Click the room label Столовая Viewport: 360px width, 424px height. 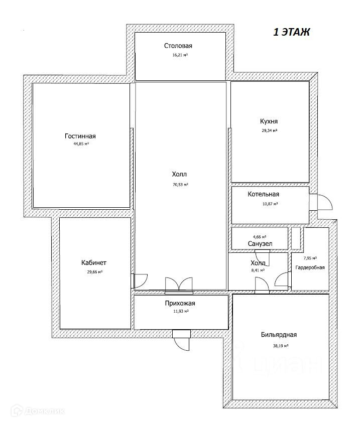[x=178, y=46]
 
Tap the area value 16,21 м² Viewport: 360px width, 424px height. [x=179, y=55]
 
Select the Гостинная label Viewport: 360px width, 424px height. [x=80, y=136]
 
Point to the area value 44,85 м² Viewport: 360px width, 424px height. [x=81, y=144]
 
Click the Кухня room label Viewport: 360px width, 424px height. [x=269, y=121]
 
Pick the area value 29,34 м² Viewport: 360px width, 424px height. [x=269, y=130]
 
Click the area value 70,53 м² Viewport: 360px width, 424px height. [x=180, y=185]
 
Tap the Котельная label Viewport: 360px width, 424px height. [x=263, y=195]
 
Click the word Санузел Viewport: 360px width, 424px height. [x=260, y=244]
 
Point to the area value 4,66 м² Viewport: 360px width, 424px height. [x=259, y=236]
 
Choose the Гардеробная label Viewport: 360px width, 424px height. [x=310, y=267]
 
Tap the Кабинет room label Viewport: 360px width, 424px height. [x=94, y=262]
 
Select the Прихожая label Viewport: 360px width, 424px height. [x=180, y=303]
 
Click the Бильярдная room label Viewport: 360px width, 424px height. [x=279, y=336]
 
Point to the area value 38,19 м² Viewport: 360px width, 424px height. [x=280, y=345]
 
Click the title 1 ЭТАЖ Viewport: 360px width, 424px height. [x=291, y=33]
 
